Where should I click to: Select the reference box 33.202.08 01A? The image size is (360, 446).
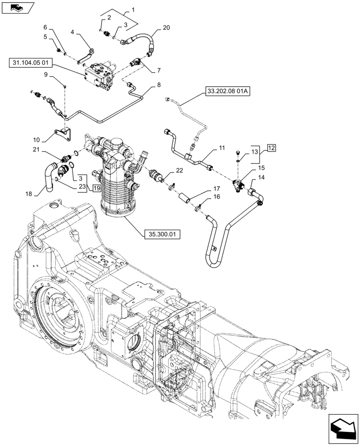click(227, 92)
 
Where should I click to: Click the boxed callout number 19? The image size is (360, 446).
click(96, 188)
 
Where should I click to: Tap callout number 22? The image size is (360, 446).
click(179, 170)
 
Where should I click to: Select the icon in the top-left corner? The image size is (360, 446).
click(18, 7)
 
